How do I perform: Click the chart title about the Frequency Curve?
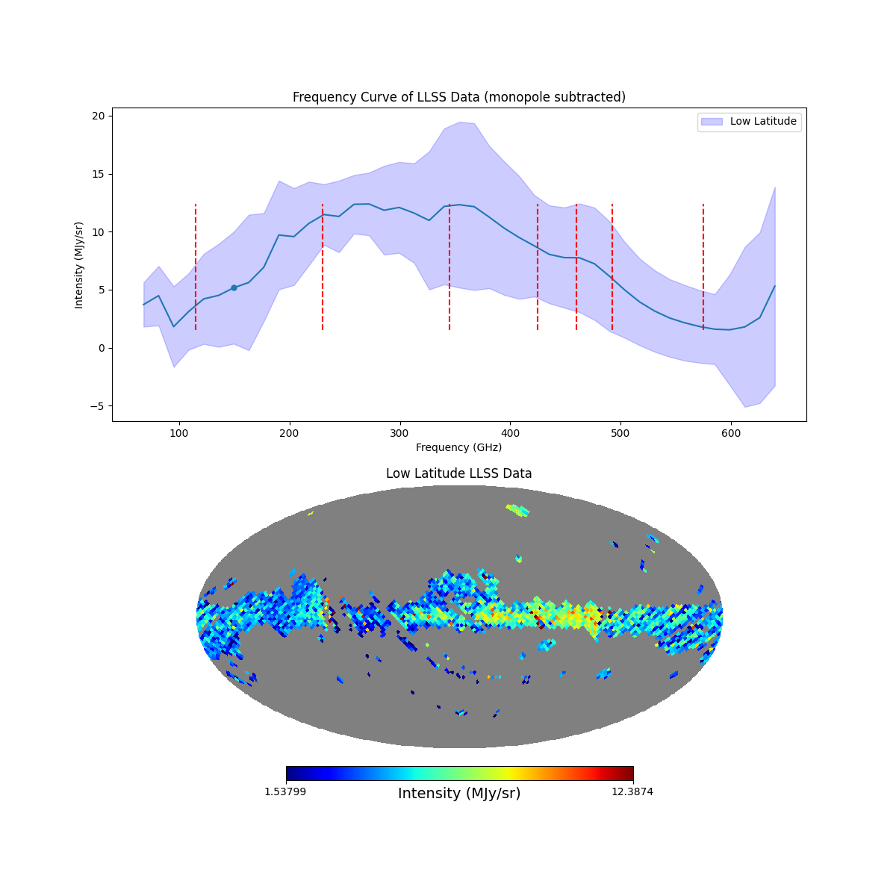point(458,97)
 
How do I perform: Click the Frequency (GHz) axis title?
point(458,447)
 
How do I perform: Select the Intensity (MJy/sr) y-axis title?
point(79,264)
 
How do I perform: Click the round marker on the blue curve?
point(234,287)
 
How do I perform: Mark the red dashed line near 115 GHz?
point(196,267)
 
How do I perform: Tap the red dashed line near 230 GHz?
point(323,267)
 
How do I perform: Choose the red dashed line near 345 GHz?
point(449,267)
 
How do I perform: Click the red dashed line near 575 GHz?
point(703,267)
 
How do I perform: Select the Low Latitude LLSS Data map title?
point(458,473)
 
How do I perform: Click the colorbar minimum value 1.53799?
point(284,791)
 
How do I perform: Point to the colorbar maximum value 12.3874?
point(632,791)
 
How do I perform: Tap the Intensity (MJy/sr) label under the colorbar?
point(459,794)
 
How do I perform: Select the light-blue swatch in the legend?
point(712,121)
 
